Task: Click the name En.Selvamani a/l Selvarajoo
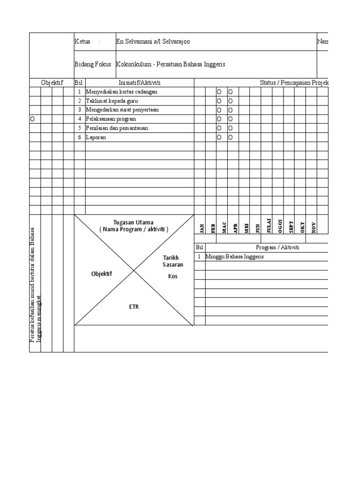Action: (x=153, y=42)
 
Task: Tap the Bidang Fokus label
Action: (x=93, y=64)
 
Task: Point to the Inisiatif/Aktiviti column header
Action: (x=140, y=82)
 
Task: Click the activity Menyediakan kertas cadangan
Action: (x=121, y=92)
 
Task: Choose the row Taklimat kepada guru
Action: (x=112, y=101)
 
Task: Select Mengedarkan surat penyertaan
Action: (x=122, y=110)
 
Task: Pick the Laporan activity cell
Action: (x=96, y=137)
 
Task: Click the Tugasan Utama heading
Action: (x=134, y=222)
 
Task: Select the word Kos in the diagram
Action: (x=173, y=276)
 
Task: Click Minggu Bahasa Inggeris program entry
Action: (x=234, y=257)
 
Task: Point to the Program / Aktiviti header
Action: (x=277, y=247)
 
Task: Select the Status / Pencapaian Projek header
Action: (x=293, y=82)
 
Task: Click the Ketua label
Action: (x=82, y=42)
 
